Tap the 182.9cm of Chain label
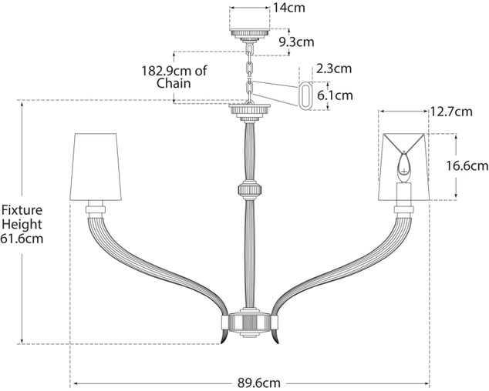click(174, 77)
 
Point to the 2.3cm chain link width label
click(333, 69)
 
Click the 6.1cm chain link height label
click(335, 95)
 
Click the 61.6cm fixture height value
click(22, 239)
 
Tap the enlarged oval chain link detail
click(305, 95)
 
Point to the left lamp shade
click(97, 165)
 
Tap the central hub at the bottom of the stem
click(250, 324)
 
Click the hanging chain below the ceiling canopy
click(250, 73)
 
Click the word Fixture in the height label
click(21, 209)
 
